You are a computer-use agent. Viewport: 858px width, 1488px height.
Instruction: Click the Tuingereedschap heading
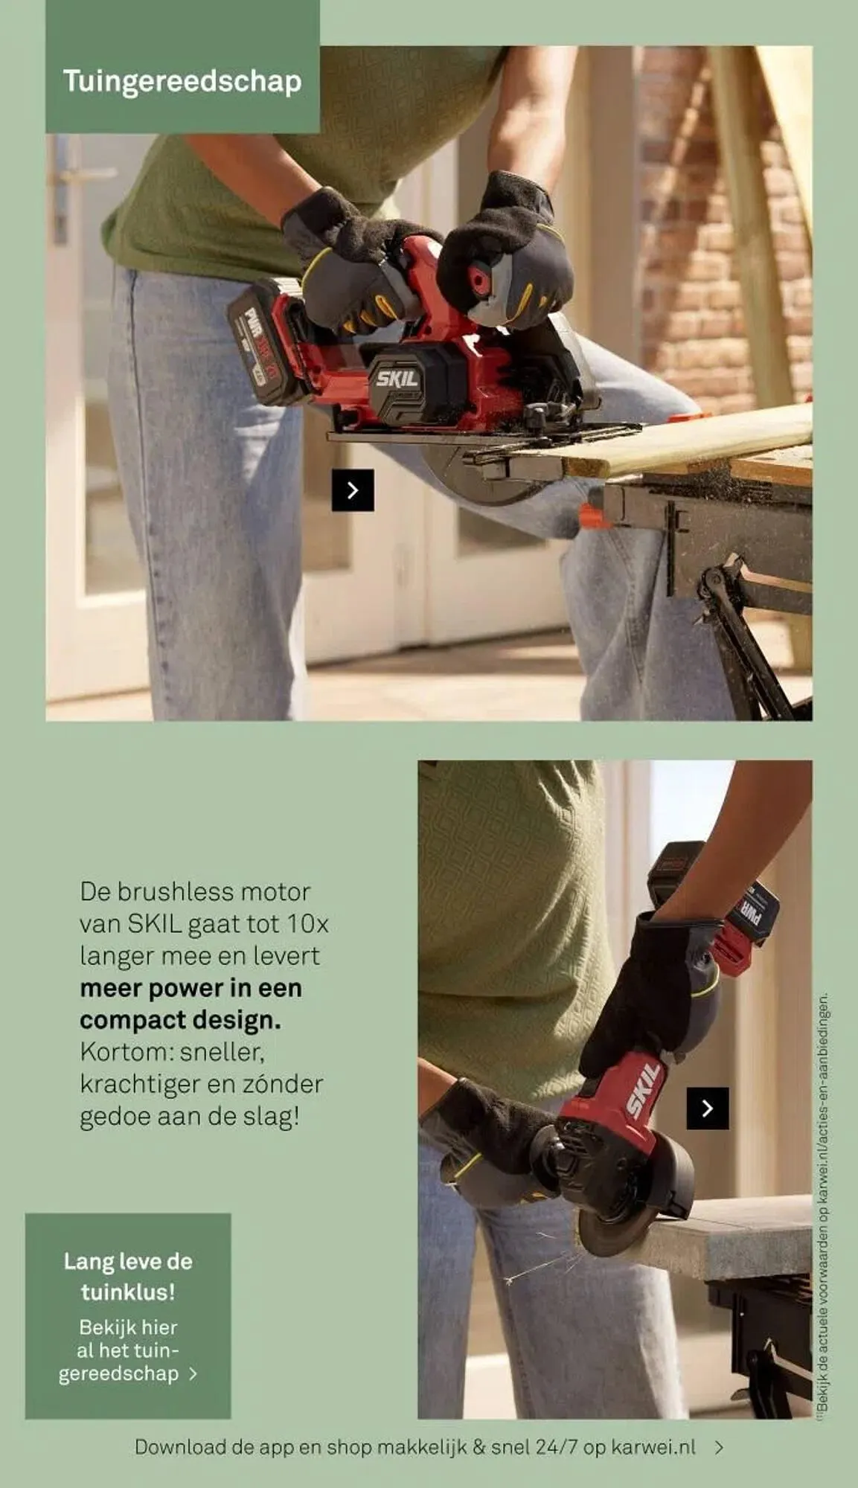pyautogui.click(x=182, y=81)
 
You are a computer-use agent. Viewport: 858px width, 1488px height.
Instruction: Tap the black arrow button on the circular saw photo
pyautogui.click(x=353, y=490)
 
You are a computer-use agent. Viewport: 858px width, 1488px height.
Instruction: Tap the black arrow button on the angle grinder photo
pyautogui.click(x=707, y=1109)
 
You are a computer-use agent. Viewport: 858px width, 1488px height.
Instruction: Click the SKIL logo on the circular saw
pyautogui.click(x=397, y=378)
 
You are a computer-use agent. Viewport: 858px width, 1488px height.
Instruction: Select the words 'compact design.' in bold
pyautogui.click(x=180, y=1020)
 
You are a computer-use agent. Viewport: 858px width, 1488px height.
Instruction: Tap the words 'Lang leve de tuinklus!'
pyautogui.click(x=128, y=1276)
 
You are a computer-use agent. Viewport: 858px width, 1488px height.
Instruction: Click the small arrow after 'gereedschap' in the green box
pyautogui.click(x=193, y=1373)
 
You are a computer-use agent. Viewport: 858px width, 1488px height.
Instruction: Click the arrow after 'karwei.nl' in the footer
pyautogui.click(x=719, y=1447)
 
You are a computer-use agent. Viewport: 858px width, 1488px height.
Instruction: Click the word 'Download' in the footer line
pyautogui.click(x=181, y=1447)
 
